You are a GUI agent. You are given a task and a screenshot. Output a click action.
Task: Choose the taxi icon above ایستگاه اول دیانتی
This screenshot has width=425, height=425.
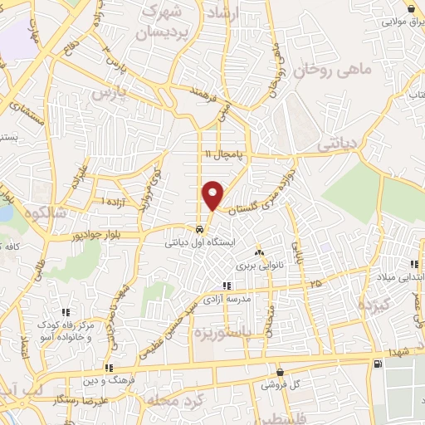[199, 229]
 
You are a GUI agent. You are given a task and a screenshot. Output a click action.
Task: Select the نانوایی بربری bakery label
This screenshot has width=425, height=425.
[259, 266]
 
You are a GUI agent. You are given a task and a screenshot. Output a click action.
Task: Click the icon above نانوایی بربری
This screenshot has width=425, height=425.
[259, 252]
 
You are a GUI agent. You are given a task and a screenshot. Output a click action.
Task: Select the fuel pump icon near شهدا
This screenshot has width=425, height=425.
[379, 363]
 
